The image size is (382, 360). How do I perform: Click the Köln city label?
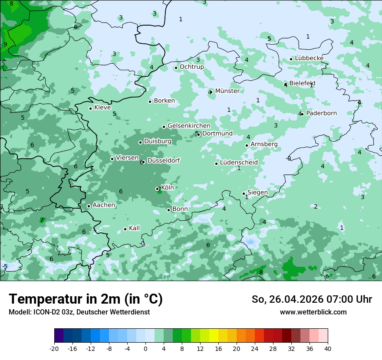click(167, 188)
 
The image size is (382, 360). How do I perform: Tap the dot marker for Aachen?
click(89, 206)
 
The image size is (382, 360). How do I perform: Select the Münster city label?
click(227, 91)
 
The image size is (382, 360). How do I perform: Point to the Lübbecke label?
click(309, 58)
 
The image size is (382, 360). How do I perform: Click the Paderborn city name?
click(321, 113)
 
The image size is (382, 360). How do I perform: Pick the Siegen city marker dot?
click(244, 193)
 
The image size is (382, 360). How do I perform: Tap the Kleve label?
click(102, 108)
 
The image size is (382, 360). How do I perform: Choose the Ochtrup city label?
click(191, 67)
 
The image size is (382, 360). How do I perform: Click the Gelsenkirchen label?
click(189, 126)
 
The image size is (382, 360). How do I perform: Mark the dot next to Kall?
click(125, 229)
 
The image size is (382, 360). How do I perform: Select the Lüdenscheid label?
click(239, 163)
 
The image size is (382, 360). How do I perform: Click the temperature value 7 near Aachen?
click(42, 220)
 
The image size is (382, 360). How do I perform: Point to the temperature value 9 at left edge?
click(5, 44)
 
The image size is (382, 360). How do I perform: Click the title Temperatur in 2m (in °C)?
click(86, 299)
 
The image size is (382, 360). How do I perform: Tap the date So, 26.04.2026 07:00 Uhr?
click(312, 299)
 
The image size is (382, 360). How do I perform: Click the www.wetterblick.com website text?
click(313, 312)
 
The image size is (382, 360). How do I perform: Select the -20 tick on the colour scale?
click(54, 348)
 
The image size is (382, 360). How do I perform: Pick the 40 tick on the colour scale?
click(327, 348)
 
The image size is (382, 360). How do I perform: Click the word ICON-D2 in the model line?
click(45, 312)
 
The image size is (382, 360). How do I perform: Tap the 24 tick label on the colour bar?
click(254, 348)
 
